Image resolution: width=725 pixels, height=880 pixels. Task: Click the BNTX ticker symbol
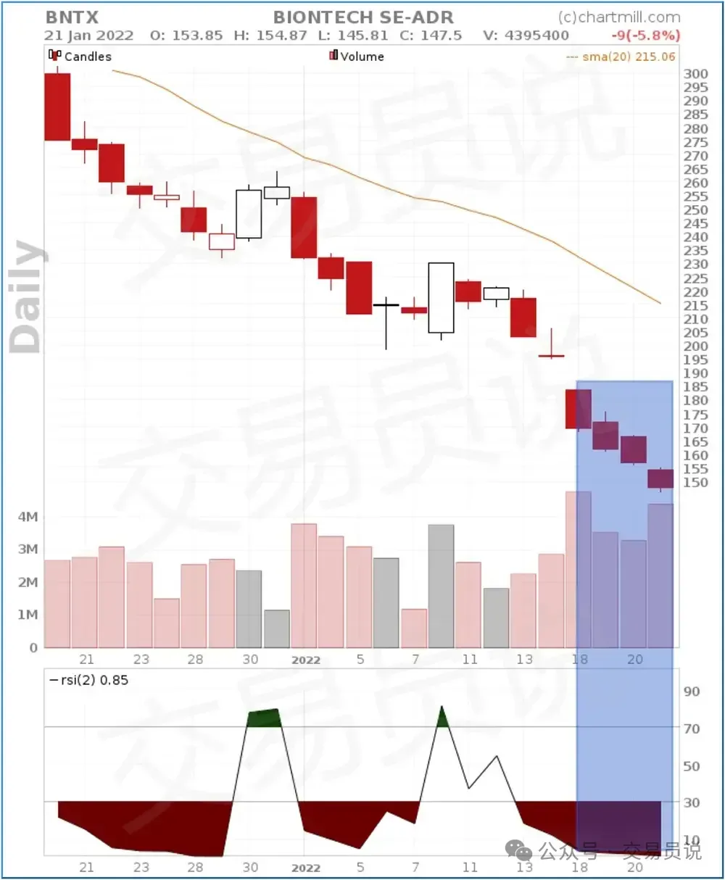coord(72,17)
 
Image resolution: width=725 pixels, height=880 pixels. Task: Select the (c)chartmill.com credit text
coord(619,17)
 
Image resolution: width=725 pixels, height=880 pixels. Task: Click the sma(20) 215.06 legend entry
coord(621,56)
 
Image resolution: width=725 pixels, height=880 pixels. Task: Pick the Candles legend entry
coord(80,56)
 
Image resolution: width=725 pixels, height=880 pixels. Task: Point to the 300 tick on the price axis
coord(695,73)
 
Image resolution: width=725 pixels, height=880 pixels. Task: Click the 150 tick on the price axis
coord(695,482)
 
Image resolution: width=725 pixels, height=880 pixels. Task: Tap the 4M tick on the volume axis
coord(28,517)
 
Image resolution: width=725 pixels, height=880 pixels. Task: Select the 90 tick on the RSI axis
coord(692,692)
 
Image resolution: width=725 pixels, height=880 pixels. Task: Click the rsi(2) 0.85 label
coord(88,680)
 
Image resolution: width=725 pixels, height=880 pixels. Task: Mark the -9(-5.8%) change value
coord(645,35)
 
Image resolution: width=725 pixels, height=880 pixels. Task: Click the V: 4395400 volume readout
coord(526,35)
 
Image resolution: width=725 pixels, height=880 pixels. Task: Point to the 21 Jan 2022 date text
coord(89,35)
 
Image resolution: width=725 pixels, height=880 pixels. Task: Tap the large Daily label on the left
coord(28,297)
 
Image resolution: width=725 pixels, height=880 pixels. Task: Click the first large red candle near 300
coord(57,107)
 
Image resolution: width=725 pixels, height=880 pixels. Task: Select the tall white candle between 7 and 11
coord(441,297)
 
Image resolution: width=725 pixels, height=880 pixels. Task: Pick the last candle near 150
coord(660,478)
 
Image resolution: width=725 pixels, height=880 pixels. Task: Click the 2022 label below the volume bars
coord(305,660)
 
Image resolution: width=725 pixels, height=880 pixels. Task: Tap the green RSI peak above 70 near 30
coord(263,718)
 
